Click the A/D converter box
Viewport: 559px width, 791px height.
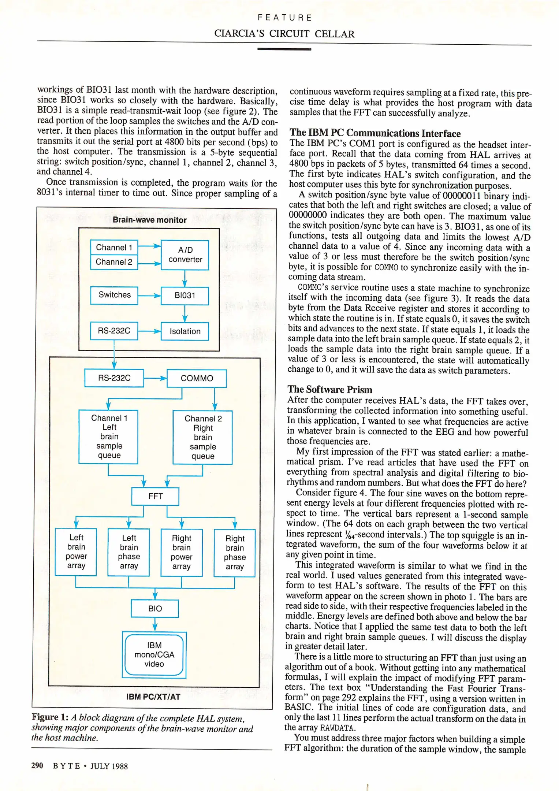(185, 255)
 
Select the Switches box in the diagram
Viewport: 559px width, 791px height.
(114, 295)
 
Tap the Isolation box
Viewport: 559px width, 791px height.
(185, 331)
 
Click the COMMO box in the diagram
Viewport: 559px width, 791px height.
(197, 378)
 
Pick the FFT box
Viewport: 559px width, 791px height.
(155, 496)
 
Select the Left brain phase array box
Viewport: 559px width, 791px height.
(129, 552)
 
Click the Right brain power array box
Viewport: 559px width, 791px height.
(182, 552)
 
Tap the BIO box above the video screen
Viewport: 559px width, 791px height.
(155, 608)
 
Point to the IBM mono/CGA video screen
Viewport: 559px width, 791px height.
(154, 655)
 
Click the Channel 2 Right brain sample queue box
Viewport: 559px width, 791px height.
(203, 437)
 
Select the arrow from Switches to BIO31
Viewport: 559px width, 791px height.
(149, 296)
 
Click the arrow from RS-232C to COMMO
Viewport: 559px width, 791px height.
(155, 378)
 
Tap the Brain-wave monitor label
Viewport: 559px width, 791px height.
(149, 220)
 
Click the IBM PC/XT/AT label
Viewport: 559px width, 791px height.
(153, 697)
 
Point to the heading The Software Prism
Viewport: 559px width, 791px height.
(330, 389)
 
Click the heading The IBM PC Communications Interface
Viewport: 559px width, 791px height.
(375, 133)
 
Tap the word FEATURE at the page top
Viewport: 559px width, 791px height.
(284, 18)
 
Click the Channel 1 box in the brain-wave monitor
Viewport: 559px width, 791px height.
(114, 248)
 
